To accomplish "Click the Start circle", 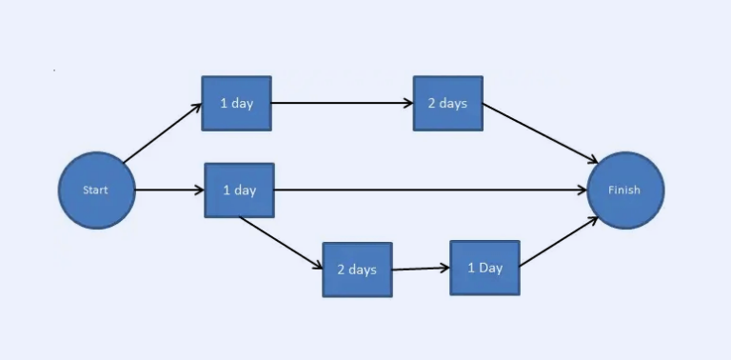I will click(96, 190).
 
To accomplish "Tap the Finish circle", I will click(625, 190).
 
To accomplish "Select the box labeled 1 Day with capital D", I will click(484, 268).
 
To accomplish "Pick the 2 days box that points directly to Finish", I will click(447, 103).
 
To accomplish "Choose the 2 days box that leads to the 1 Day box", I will click(357, 270).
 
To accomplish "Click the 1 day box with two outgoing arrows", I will click(239, 190).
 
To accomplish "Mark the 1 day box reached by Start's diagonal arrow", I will click(236, 103).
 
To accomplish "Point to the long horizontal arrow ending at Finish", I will click(428, 190).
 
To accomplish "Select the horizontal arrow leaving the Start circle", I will click(169, 190).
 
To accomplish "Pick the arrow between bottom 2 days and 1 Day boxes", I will click(420, 269).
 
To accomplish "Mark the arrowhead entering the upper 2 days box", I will click(407, 103).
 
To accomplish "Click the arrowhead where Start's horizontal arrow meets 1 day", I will click(199, 190).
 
